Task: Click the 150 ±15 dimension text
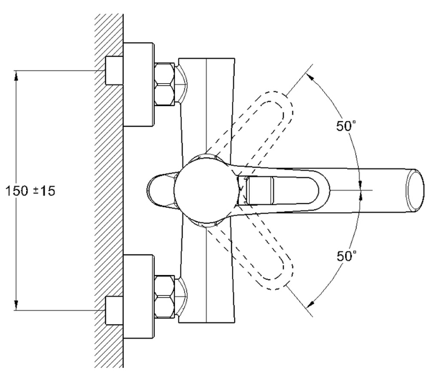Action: pos(30,191)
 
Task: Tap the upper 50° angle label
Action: pos(346,126)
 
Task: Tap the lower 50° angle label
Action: pos(346,256)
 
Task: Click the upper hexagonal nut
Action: pos(164,84)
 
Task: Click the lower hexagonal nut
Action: pos(164,296)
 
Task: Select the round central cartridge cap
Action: pos(206,190)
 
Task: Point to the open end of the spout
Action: pos(415,190)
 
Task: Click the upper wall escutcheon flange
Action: pos(138,84)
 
